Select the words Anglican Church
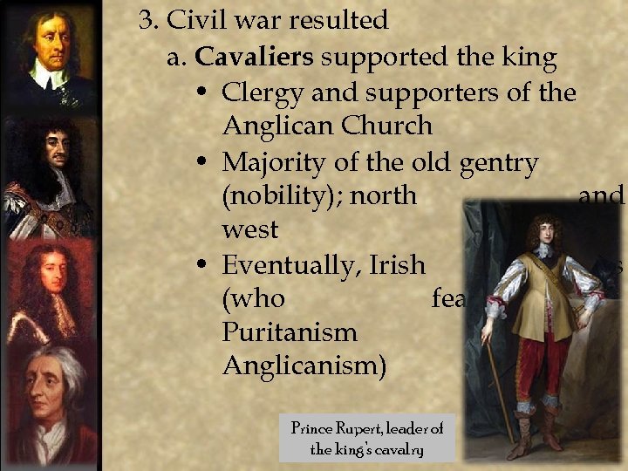pos(327,126)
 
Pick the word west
pos(250,229)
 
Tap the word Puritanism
pos(290,331)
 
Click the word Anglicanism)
pos(304,365)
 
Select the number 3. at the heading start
pos(147,19)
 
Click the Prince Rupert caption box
pos(367,438)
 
